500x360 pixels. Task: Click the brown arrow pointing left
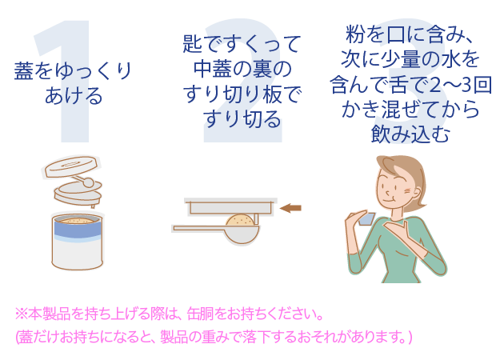[290, 208]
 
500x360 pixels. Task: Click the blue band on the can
[78, 230]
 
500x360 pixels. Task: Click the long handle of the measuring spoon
[200, 228]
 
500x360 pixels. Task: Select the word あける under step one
[74, 96]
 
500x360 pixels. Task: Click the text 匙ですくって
[242, 44]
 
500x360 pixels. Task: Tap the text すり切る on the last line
[242, 119]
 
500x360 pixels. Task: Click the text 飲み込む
[410, 134]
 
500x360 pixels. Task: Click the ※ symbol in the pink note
[22, 314]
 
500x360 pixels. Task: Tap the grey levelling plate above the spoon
[230, 207]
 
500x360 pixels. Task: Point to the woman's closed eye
[391, 186]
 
